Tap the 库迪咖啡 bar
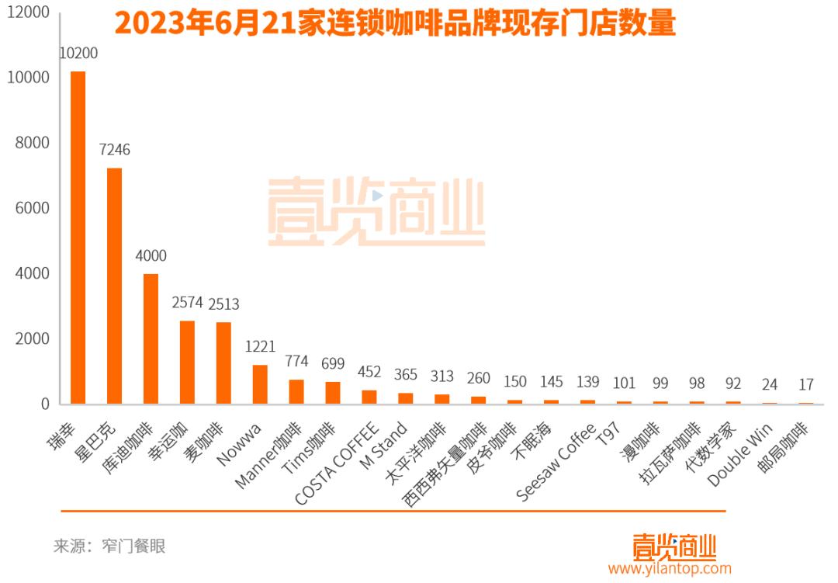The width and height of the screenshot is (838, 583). click(x=151, y=338)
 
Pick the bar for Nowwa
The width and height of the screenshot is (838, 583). click(x=260, y=384)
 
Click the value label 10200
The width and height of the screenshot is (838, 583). click(x=78, y=54)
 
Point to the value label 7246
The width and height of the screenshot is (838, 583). click(x=114, y=150)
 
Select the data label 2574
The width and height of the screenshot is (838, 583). click(x=187, y=303)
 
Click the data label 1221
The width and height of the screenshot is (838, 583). click(x=260, y=346)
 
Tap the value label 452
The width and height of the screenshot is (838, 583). click(x=369, y=372)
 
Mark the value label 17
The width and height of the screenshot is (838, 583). click(x=806, y=383)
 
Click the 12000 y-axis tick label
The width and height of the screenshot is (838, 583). click(x=29, y=12)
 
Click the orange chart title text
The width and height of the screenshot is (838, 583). click(x=395, y=23)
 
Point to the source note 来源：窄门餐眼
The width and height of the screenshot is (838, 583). click(x=109, y=546)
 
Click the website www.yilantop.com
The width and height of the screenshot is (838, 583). click(x=670, y=569)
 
